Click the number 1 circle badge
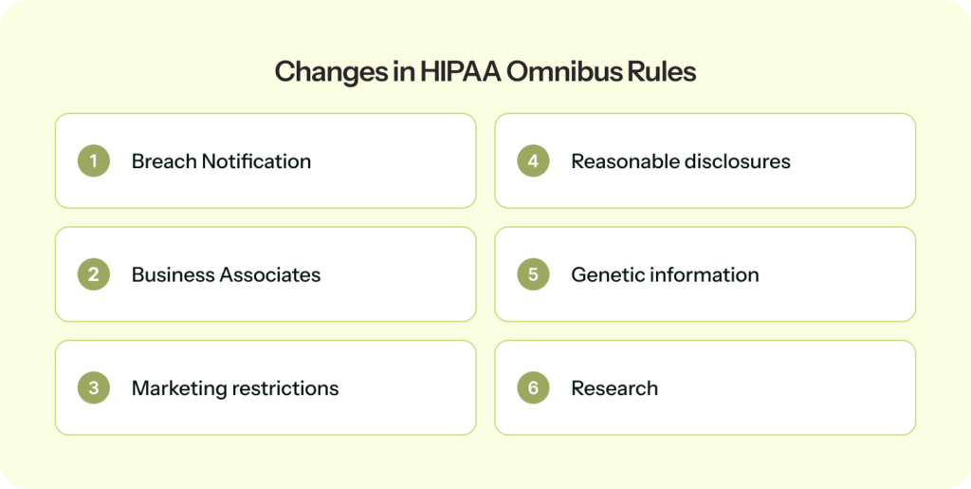(x=93, y=161)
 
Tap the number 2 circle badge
(x=93, y=275)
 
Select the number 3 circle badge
(x=93, y=388)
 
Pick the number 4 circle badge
(x=533, y=161)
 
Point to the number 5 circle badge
(x=533, y=275)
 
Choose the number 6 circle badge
(x=533, y=388)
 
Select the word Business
(x=172, y=275)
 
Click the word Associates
(x=270, y=275)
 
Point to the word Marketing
(x=175, y=388)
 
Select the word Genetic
(x=606, y=275)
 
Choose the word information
(x=703, y=275)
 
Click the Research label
(x=614, y=388)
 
